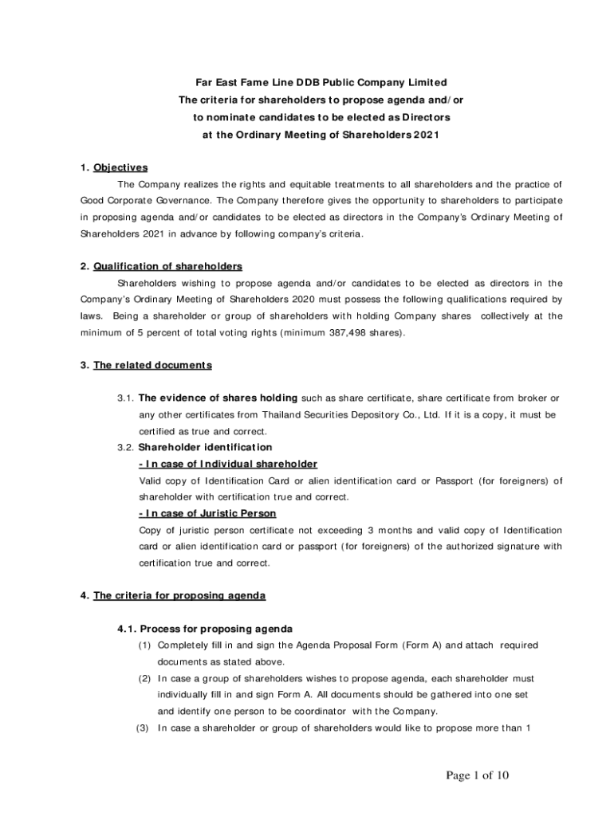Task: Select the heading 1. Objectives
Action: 114,167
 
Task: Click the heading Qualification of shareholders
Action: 167,265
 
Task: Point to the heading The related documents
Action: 152,365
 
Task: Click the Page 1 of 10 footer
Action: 478,775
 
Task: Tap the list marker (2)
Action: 144,678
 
